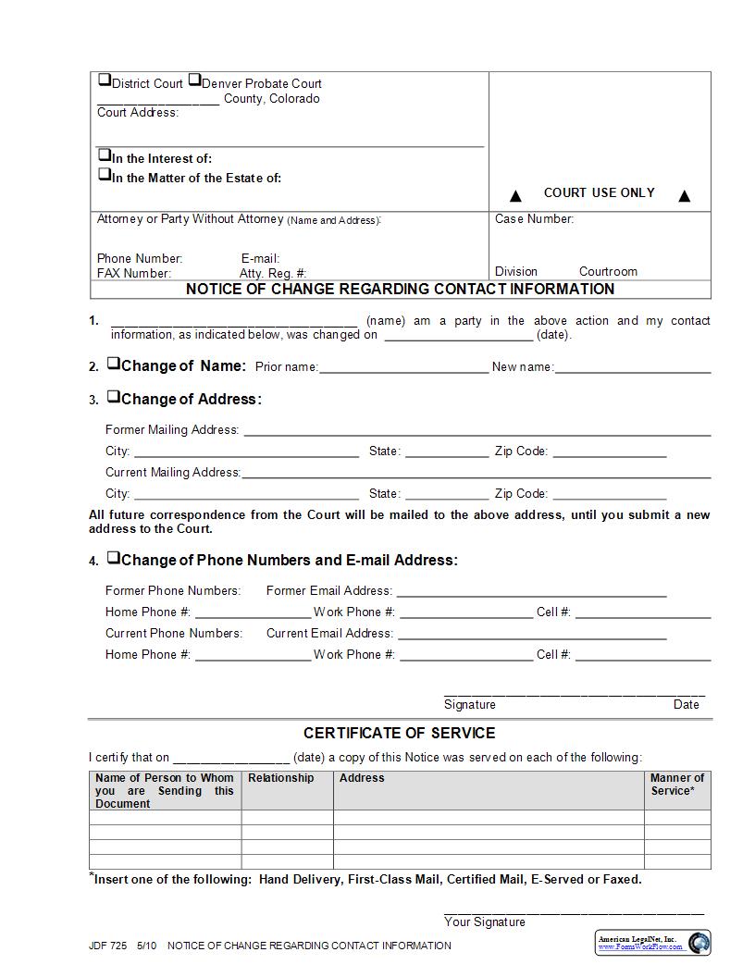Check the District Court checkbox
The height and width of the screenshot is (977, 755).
[105, 80]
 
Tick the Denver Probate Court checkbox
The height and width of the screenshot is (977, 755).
[194, 80]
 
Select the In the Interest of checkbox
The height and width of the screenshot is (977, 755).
[105, 155]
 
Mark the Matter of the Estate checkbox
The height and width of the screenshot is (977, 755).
[105, 174]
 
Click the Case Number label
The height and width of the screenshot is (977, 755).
[534, 219]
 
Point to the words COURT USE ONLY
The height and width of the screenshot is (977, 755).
[599, 192]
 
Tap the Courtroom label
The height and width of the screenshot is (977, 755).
[608, 271]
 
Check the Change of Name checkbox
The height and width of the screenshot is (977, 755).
[113, 364]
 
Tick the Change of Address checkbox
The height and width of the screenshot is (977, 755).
[113, 397]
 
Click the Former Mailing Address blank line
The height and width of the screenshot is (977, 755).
[477, 432]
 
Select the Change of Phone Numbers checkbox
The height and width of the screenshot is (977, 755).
[113, 558]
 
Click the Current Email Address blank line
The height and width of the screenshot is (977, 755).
[532, 637]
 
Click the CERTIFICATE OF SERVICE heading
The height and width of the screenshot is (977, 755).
[399, 733]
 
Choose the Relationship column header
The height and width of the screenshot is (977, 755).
[281, 778]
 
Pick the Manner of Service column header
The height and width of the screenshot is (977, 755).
[676, 785]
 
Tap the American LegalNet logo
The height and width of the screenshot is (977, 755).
[652, 943]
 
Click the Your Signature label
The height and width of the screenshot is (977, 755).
[484, 921]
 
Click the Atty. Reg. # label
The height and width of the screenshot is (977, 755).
[273, 273]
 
